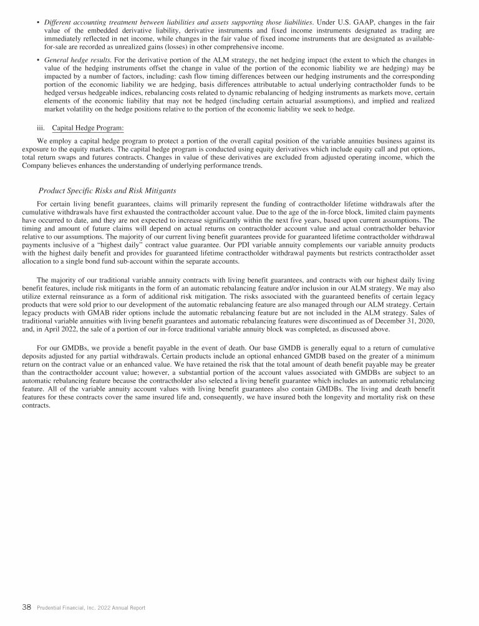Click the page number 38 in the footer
(x=27, y=607)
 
